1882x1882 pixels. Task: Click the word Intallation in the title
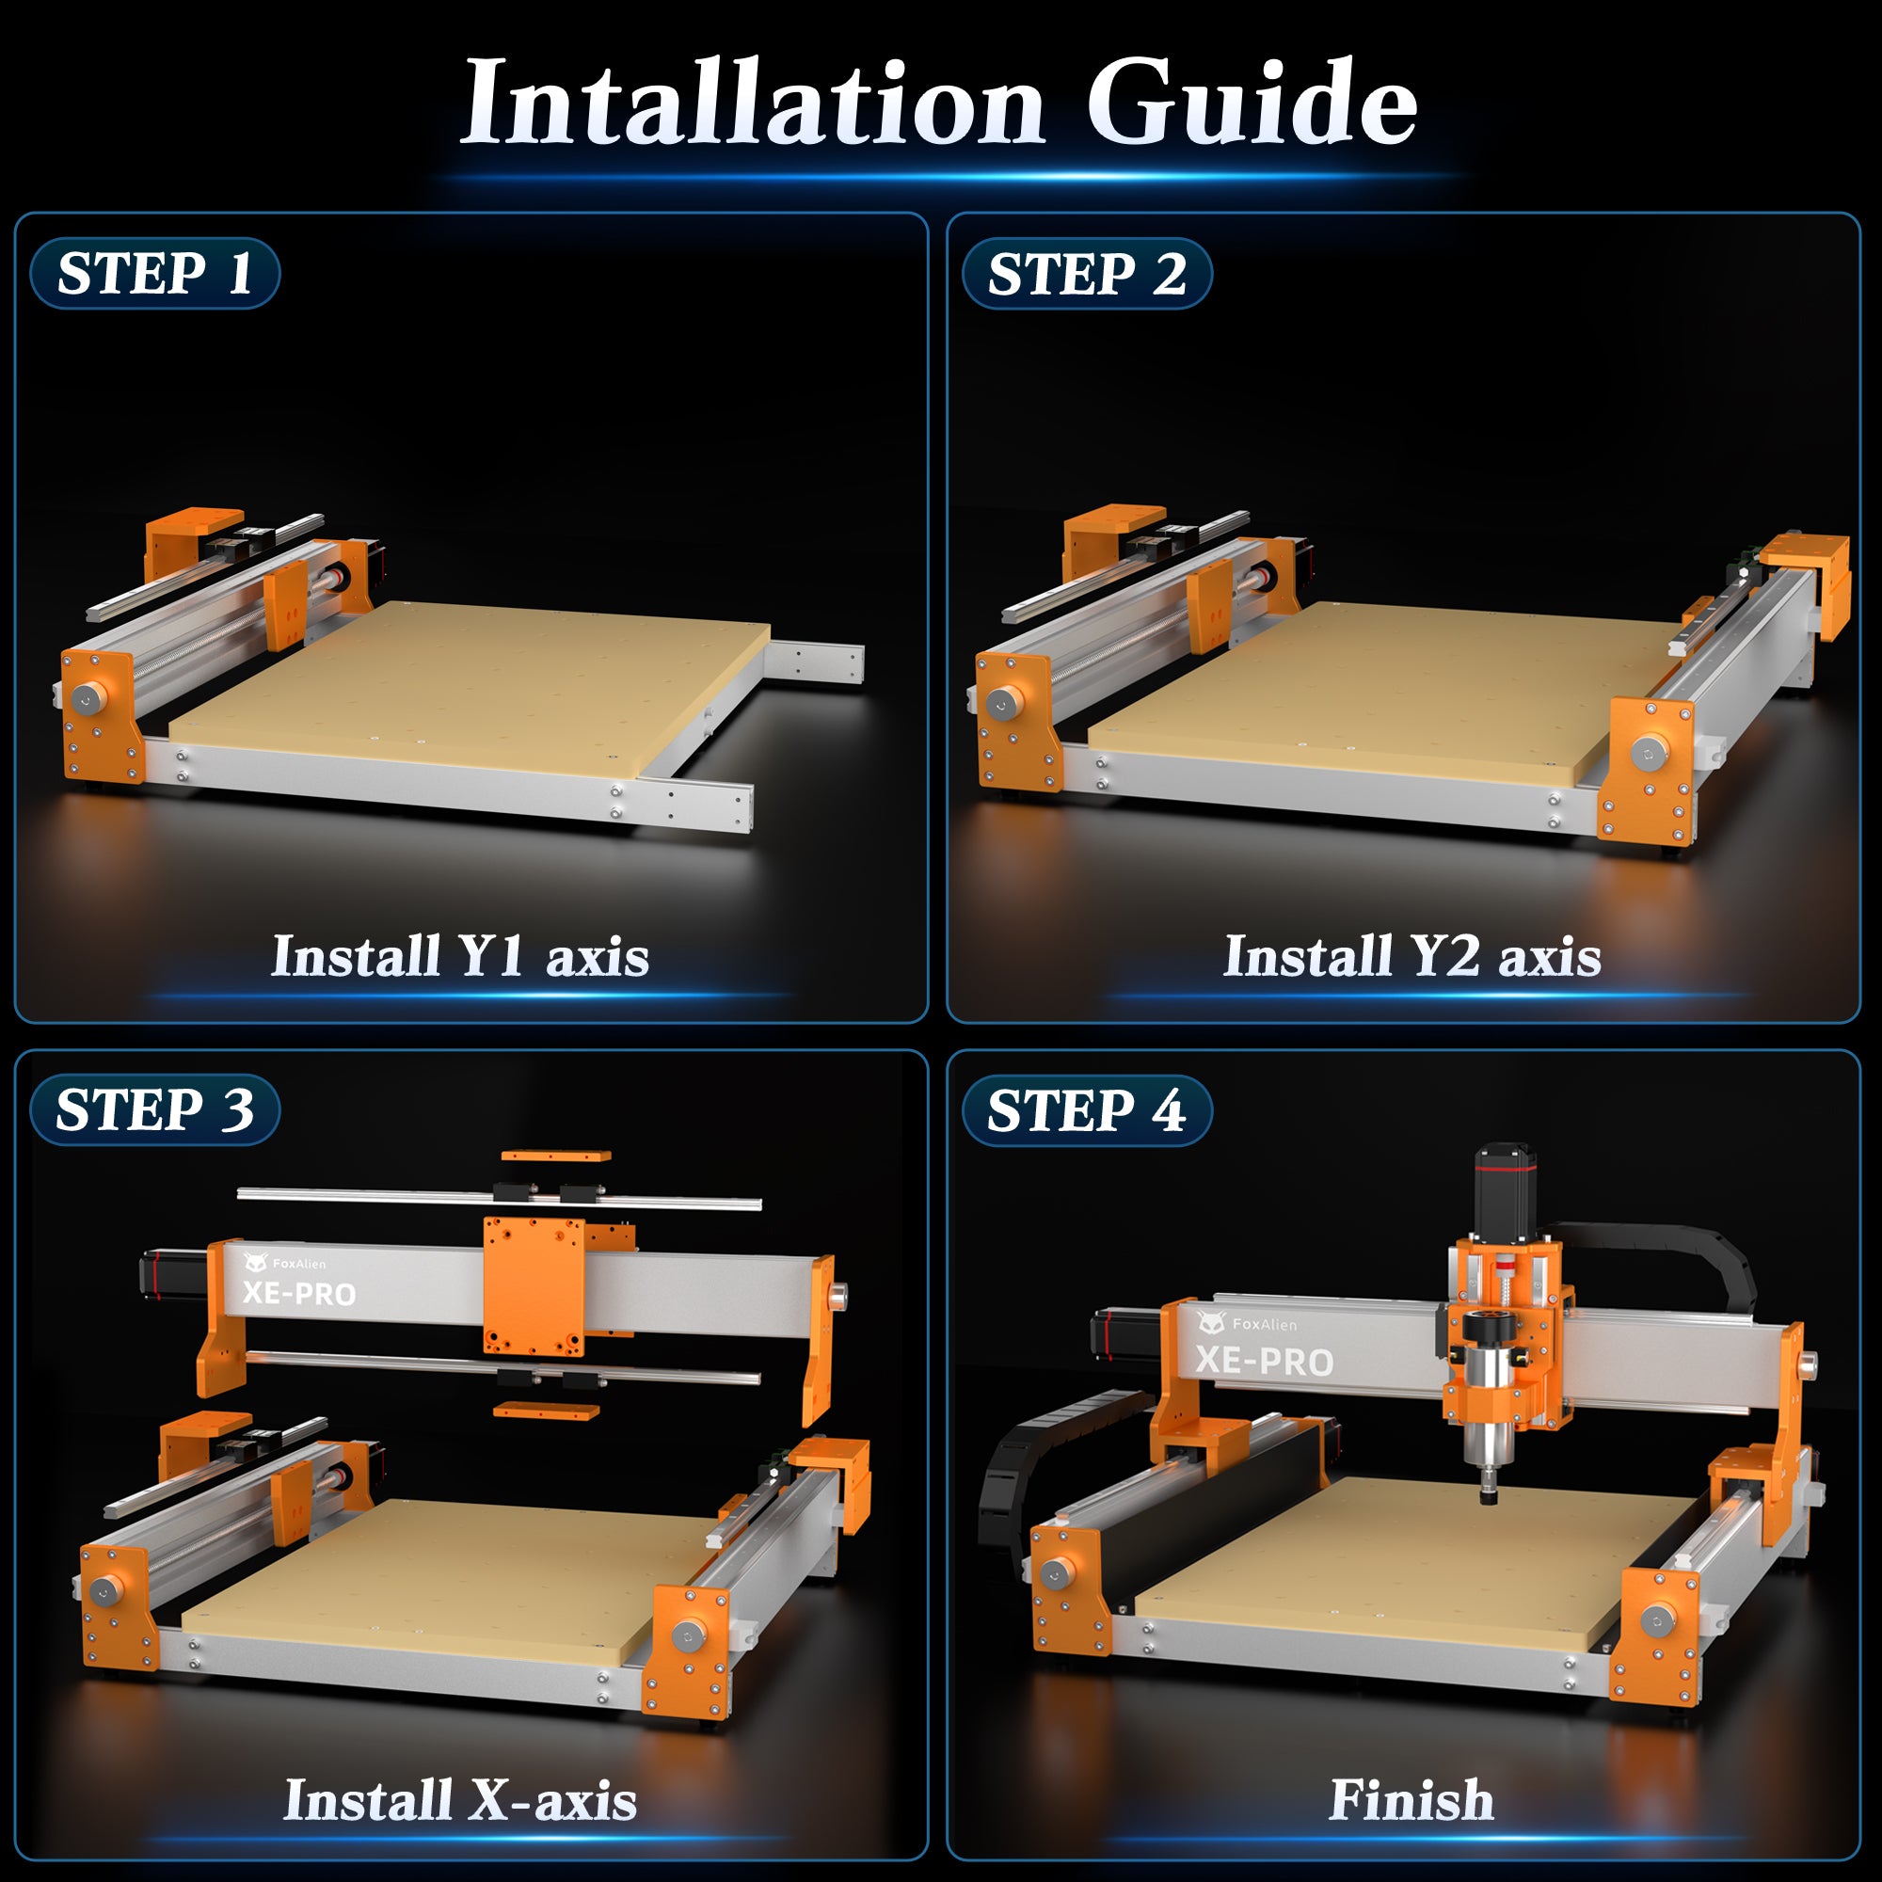coord(752,103)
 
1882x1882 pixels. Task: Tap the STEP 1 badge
coord(155,273)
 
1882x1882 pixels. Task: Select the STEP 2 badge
coord(1086,273)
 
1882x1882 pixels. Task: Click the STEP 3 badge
coord(155,1109)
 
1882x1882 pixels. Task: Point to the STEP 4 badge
coord(1086,1110)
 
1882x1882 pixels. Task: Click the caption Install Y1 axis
coord(460,956)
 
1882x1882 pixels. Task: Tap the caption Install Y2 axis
coord(1411,956)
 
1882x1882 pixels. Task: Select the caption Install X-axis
coord(460,1799)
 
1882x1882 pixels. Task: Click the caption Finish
coord(1411,1799)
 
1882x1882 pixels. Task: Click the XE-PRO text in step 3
coord(299,1294)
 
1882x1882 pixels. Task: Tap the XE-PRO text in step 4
coord(1265,1361)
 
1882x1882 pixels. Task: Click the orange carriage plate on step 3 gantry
coord(534,1285)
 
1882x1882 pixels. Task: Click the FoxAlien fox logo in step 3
coord(255,1263)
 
